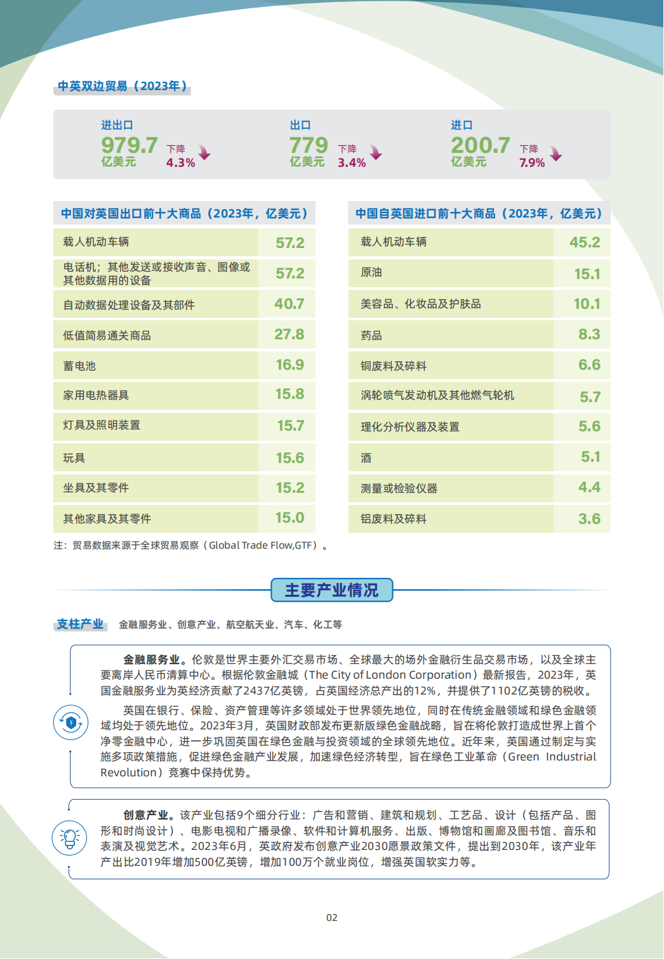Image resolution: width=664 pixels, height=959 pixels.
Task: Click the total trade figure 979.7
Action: (x=129, y=145)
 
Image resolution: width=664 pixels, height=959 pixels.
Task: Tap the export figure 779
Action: (x=309, y=145)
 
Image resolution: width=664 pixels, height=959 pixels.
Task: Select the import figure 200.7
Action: (x=481, y=145)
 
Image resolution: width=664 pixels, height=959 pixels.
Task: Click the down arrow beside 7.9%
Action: (x=556, y=154)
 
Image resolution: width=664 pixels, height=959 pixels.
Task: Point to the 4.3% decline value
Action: (x=180, y=163)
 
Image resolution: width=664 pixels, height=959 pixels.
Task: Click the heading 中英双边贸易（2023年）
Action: (x=123, y=86)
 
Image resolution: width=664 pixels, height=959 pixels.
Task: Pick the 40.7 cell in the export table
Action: (x=289, y=304)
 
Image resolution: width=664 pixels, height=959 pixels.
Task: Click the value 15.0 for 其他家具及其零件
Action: (x=289, y=518)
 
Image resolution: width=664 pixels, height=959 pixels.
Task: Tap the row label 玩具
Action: (x=74, y=458)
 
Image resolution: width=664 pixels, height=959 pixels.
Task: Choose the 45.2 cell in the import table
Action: (x=585, y=242)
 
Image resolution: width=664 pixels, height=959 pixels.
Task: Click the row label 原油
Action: (x=371, y=273)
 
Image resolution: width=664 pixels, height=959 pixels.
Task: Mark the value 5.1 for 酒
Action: (x=590, y=457)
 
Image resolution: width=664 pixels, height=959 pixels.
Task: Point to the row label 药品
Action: (x=371, y=336)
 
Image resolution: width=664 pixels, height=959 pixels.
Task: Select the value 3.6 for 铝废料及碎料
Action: (x=589, y=519)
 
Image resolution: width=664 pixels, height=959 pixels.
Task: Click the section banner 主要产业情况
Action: (x=331, y=590)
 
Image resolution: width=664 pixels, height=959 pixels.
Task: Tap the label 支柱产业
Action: (x=80, y=624)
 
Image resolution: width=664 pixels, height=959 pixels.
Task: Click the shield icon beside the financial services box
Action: (x=70, y=722)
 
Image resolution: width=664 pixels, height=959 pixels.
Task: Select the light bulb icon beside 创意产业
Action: (x=69, y=838)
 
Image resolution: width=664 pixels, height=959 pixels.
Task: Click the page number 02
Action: (x=332, y=918)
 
